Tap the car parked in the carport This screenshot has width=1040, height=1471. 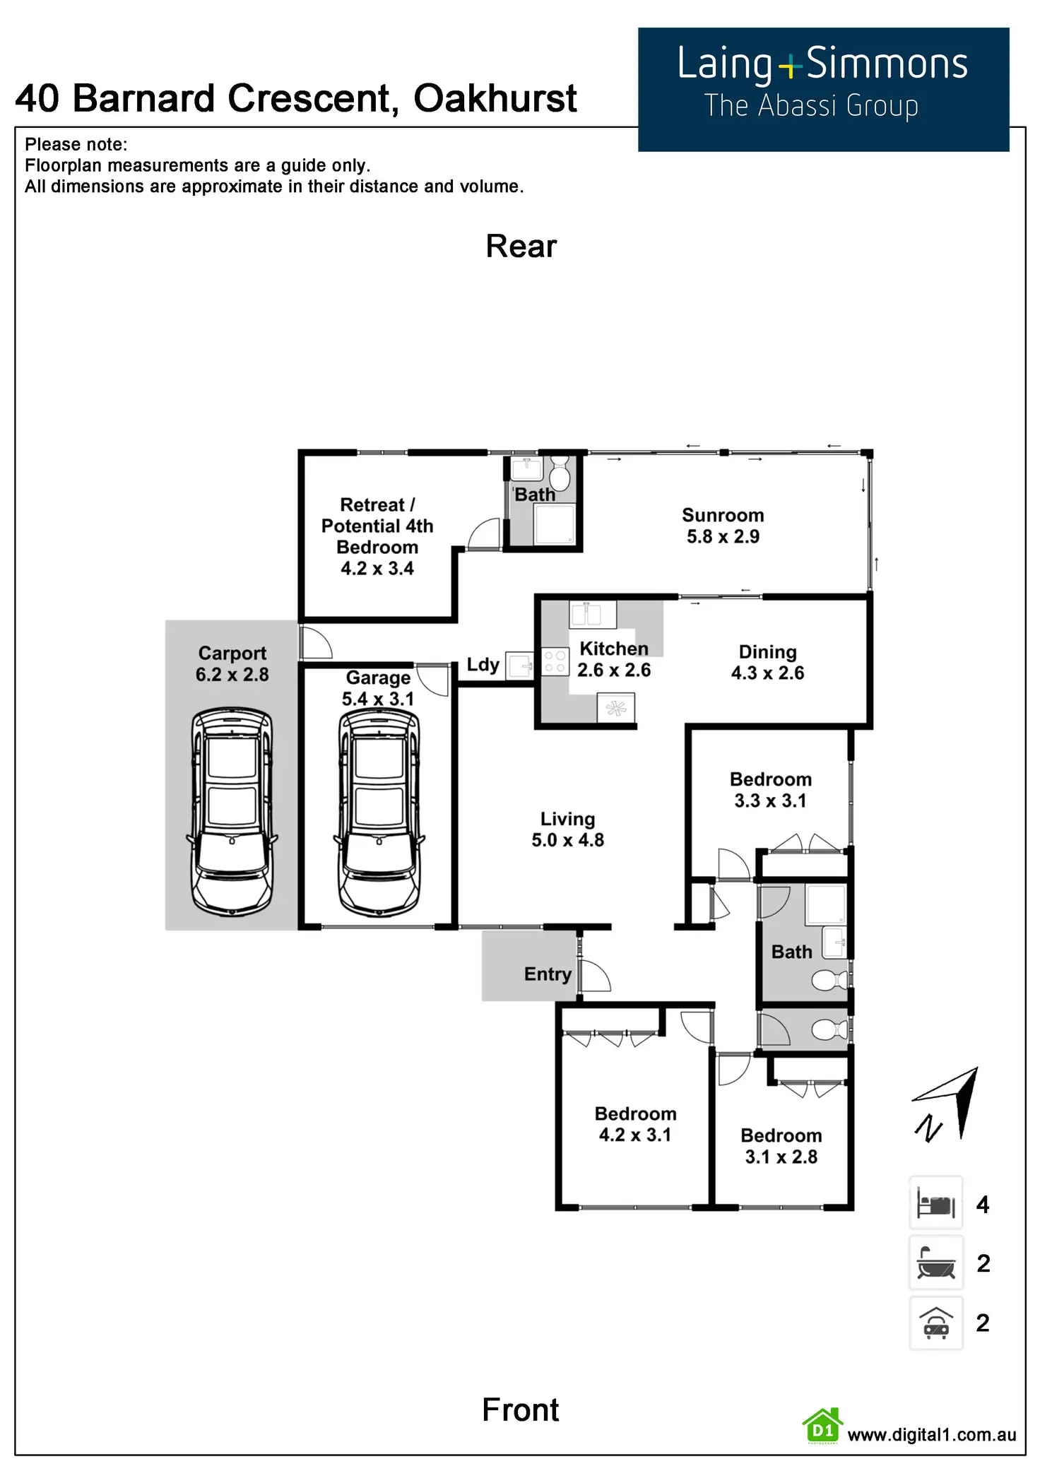click(232, 813)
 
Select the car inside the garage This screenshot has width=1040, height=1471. click(379, 813)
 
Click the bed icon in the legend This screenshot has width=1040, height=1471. click(935, 1203)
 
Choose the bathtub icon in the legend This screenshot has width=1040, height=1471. click(935, 1263)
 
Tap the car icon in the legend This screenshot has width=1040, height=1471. click(935, 1323)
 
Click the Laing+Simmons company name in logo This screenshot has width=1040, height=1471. click(822, 64)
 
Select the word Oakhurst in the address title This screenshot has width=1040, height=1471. click(495, 98)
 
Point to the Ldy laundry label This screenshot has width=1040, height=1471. click(483, 665)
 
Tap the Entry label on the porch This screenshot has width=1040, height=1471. click(548, 974)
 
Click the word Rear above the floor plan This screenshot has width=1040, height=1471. click(521, 247)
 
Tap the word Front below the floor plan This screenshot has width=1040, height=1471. click(521, 1410)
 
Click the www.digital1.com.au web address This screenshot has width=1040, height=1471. click(932, 1434)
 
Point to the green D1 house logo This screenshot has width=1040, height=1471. click(822, 1426)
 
